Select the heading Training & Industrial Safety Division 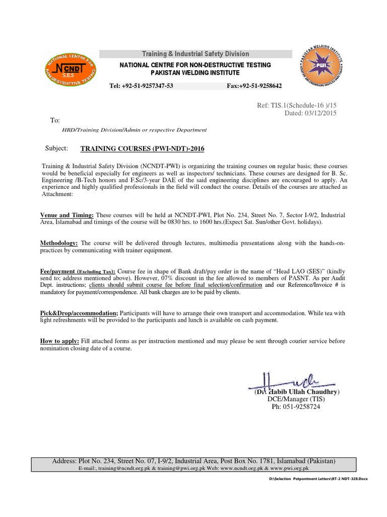(195, 54)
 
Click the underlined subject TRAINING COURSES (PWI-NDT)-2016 (143, 148)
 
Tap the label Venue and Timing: (67, 215)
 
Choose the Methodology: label (59, 243)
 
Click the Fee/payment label (56, 271)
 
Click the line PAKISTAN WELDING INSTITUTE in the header (195, 73)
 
